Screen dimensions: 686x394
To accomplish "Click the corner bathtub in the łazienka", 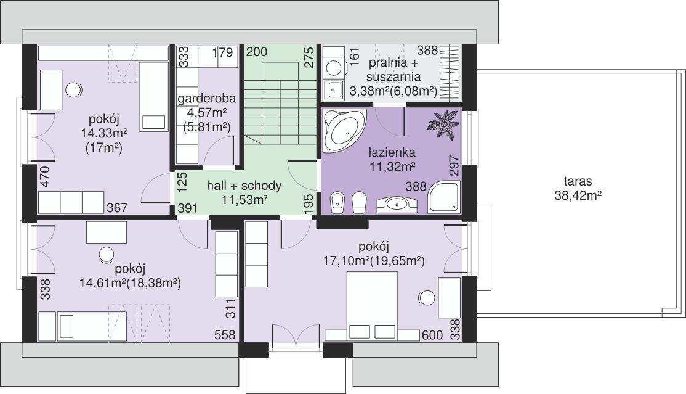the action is [344, 129].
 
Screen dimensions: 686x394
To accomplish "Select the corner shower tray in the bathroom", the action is [443, 198].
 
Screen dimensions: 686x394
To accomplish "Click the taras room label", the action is [578, 181].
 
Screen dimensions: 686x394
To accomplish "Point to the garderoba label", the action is [206, 98].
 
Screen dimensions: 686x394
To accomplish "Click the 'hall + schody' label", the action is [244, 186].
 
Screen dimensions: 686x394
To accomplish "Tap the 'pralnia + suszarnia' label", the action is [393, 70].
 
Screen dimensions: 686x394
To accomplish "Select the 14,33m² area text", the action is [104, 133].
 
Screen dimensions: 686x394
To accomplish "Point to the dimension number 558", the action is [225, 335].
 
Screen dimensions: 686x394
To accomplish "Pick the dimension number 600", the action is [433, 335].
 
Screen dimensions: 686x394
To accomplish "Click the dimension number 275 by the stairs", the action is [309, 57].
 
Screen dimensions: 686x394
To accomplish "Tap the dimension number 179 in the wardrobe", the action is [223, 53].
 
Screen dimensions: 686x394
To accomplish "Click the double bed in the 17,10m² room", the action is [373, 305].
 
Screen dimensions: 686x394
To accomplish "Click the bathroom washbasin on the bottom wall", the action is [397, 204].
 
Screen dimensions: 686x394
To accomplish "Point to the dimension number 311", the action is [230, 308].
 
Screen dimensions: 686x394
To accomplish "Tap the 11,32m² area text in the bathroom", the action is [392, 166].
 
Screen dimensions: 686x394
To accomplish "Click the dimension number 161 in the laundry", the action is [354, 55].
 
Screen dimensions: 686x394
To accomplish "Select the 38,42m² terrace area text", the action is [578, 195].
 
